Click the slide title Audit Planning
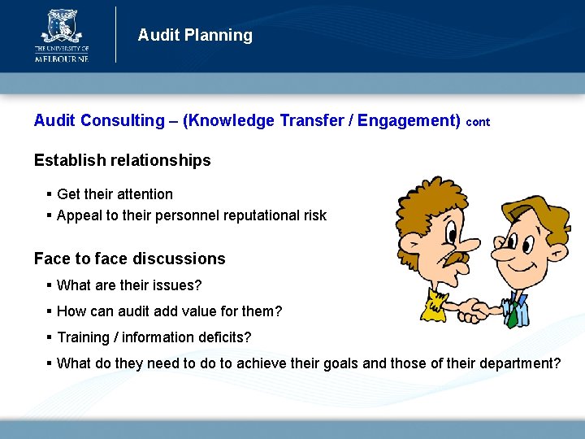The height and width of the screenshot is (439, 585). pyautogui.click(x=195, y=35)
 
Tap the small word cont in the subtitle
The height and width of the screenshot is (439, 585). pyautogui.click(x=479, y=122)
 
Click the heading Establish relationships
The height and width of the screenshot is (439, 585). pyautogui.click(x=122, y=160)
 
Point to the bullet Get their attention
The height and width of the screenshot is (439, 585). pyautogui.click(x=115, y=194)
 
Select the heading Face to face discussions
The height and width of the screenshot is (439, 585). pyautogui.click(x=129, y=259)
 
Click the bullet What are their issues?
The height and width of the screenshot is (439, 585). pyautogui.click(x=129, y=285)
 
